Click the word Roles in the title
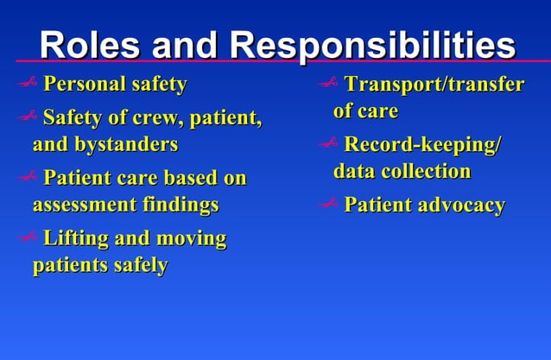point(86,44)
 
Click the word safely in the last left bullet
point(140,265)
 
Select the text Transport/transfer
point(434,85)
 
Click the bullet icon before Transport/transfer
point(329,85)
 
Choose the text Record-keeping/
point(422,144)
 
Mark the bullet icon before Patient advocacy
point(329,205)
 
